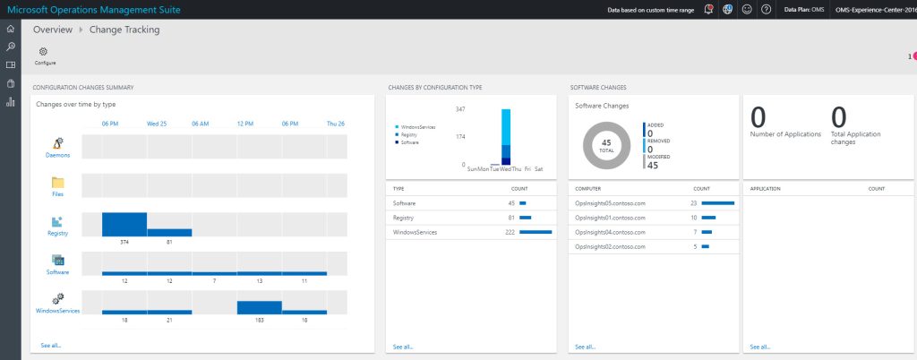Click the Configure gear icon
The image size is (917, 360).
pos(43,51)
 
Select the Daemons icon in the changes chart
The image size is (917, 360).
pos(58,143)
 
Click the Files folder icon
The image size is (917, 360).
pos(58,183)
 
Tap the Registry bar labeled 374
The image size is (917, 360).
pos(124,224)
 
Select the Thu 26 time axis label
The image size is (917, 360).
pos(336,124)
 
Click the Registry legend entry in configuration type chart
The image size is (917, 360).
pos(409,134)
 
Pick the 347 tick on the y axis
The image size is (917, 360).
pos(460,109)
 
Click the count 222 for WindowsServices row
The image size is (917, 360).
pos(509,232)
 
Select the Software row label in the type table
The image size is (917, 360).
pos(406,203)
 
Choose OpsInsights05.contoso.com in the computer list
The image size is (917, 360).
pos(610,203)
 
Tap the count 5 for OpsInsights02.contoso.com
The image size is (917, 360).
pos(694,245)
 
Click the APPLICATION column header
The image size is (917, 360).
pos(766,189)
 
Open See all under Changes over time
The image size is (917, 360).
pos(51,345)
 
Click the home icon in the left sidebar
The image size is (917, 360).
pos(11,29)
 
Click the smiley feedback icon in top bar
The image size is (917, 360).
pos(747,9)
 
